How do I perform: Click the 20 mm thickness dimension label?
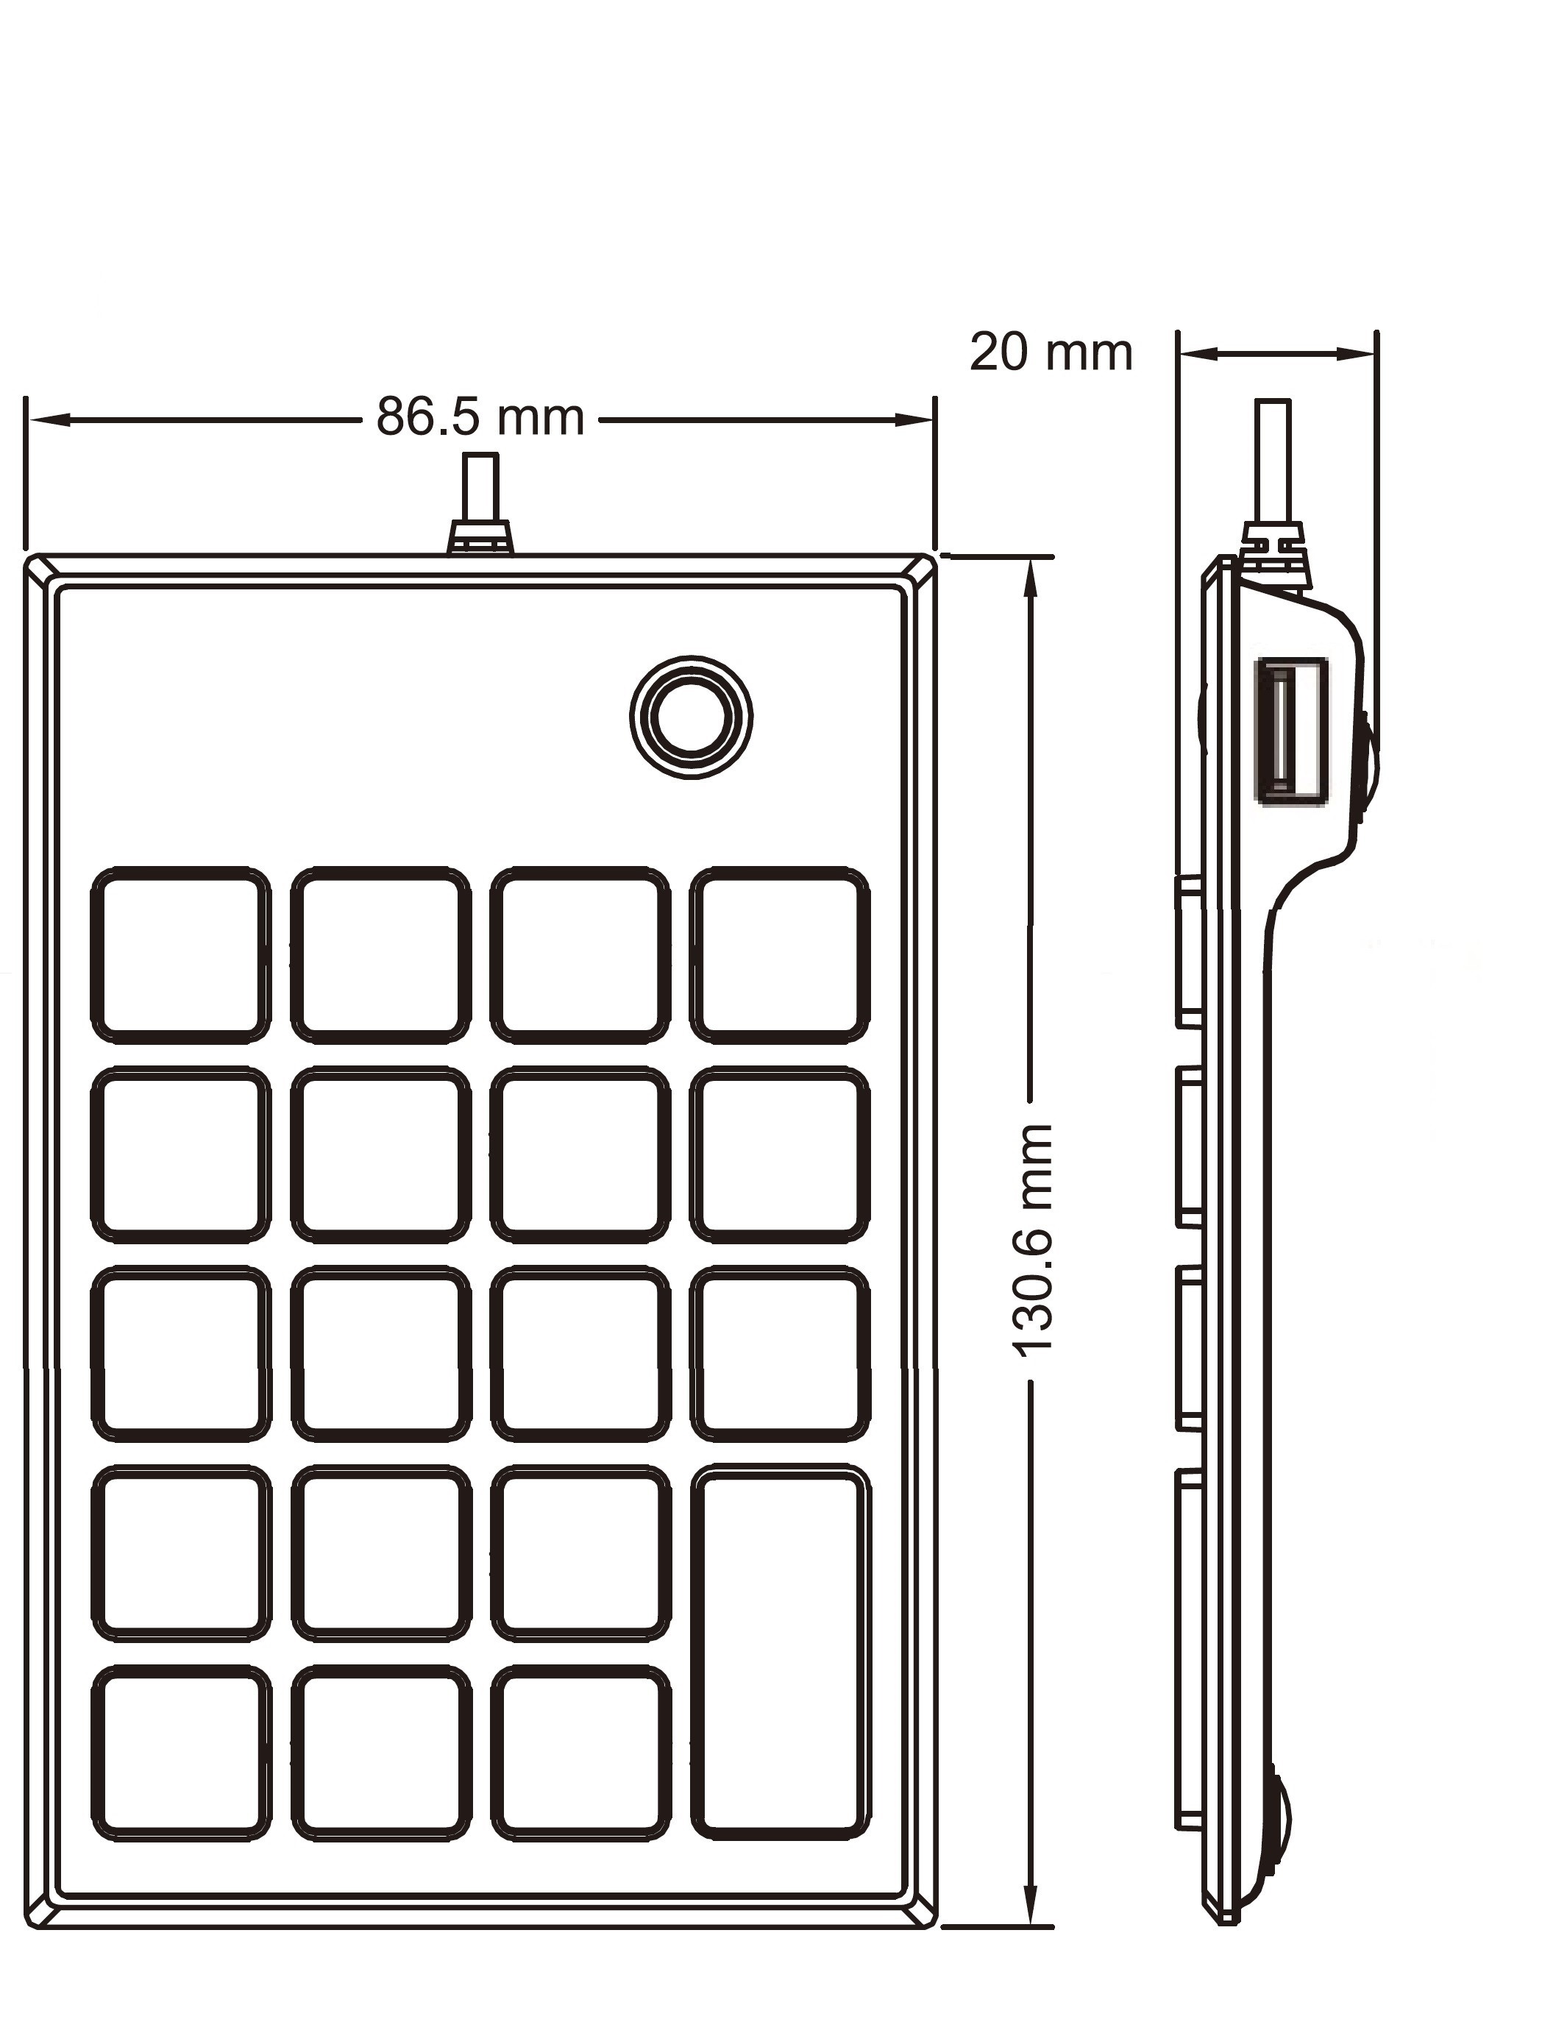click(x=1051, y=352)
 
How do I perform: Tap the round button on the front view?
click(x=691, y=717)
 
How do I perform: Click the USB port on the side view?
click(x=1290, y=731)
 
